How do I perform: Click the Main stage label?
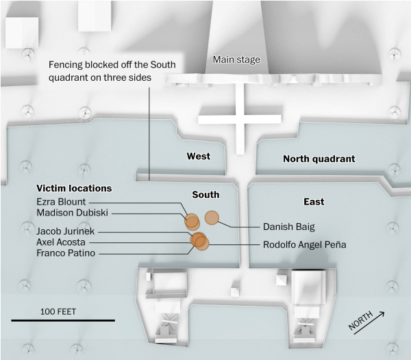(x=236, y=60)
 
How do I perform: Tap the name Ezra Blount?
(x=62, y=202)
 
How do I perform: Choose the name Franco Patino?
(x=66, y=253)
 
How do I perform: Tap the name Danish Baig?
(x=288, y=226)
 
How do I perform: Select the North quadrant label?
(x=319, y=159)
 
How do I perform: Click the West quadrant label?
(x=199, y=157)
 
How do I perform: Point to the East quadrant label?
(x=314, y=202)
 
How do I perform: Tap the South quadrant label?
(x=206, y=195)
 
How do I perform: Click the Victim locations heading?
(x=74, y=188)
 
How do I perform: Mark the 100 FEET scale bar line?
(x=62, y=320)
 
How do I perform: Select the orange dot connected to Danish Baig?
(x=212, y=218)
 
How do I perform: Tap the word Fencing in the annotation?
(x=66, y=66)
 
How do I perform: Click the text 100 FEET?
(x=58, y=311)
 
